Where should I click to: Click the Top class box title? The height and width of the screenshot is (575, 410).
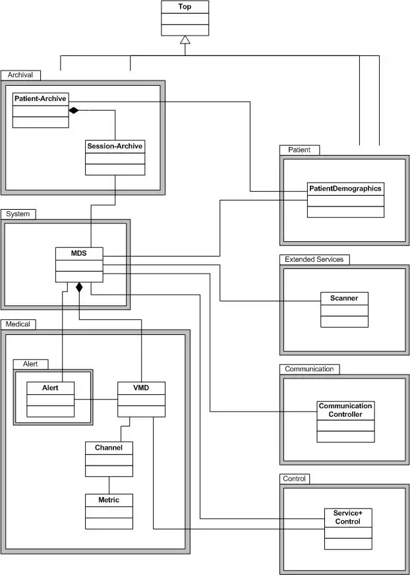click(x=185, y=7)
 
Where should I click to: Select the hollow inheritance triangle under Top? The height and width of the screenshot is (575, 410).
click(x=185, y=40)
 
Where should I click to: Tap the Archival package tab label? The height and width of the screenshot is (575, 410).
click(x=20, y=75)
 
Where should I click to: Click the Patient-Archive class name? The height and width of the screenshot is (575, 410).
click(x=40, y=98)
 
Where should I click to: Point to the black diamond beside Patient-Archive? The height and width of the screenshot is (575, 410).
click(x=74, y=109)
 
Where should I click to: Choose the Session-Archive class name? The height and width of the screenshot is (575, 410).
click(x=115, y=146)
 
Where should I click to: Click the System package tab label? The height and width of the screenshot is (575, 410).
click(x=18, y=214)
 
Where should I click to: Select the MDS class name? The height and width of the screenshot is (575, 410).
click(x=79, y=253)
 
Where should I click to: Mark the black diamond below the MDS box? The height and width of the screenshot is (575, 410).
click(x=79, y=287)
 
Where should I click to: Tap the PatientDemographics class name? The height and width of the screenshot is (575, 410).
click(x=345, y=188)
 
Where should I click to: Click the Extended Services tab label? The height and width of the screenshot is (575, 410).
click(x=314, y=259)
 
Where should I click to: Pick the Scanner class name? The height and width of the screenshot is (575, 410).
click(x=344, y=298)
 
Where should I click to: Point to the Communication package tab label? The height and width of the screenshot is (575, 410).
click(x=309, y=369)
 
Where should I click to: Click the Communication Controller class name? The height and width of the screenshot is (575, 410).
click(x=345, y=410)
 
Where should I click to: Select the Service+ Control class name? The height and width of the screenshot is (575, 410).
click(x=347, y=517)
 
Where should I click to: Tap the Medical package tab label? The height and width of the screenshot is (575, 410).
click(x=19, y=324)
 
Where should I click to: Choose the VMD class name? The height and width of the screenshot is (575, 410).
click(x=141, y=387)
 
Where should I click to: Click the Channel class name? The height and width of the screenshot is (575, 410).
click(x=109, y=447)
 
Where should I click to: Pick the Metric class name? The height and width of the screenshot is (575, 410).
click(x=109, y=500)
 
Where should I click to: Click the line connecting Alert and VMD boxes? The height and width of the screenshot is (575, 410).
click(x=96, y=400)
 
